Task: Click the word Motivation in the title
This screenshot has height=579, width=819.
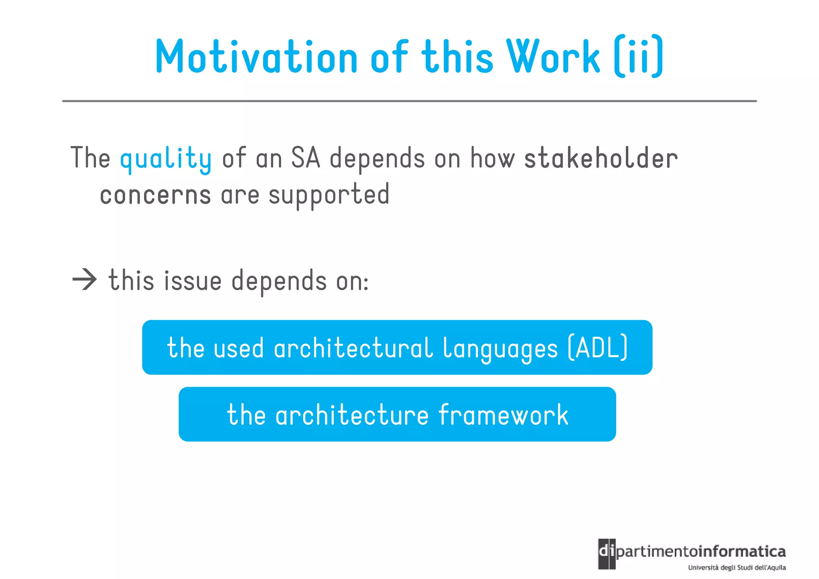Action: coord(256,57)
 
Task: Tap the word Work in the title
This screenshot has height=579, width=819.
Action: coord(553,57)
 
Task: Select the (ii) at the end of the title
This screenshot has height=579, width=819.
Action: coord(639,57)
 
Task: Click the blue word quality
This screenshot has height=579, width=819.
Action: coord(166,158)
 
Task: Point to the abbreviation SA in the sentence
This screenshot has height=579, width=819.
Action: coord(306,158)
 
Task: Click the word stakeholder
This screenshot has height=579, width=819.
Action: coord(601,158)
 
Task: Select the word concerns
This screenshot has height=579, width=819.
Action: coord(155,195)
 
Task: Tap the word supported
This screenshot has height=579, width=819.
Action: coord(329,195)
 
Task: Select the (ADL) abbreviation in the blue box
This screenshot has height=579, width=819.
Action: coord(598,348)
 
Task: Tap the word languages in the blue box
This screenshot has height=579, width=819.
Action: coord(500,349)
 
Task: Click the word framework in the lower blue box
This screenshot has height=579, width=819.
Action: coord(503,415)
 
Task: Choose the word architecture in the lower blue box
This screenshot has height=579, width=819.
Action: coord(352,415)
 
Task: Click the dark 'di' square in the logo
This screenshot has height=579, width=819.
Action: coord(607,554)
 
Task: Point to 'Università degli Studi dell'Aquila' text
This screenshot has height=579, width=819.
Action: coord(737,567)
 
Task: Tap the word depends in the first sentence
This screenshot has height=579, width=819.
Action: coord(377,158)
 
